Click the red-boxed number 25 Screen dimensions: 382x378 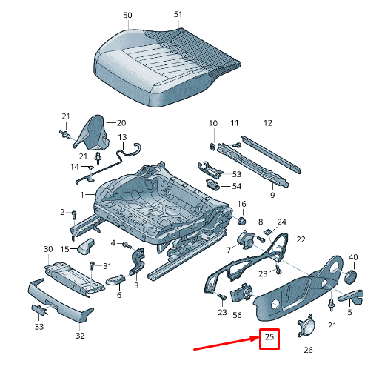click(x=269, y=337)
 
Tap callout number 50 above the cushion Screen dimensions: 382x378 click(x=127, y=15)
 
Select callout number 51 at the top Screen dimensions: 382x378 click(x=178, y=14)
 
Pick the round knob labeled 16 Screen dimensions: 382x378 click(x=242, y=221)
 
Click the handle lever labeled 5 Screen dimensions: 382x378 click(x=351, y=296)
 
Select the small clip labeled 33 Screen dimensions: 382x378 click(x=39, y=310)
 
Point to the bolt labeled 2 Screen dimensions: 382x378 click(x=74, y=214)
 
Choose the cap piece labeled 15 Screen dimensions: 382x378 click(x=86, y=246)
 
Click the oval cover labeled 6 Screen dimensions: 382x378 click(x=115, y=279)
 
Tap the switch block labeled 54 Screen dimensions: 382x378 click(x=212, y=184)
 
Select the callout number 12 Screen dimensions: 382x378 click(x=268, y=123)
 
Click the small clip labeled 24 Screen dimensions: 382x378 click(x=267, y=232)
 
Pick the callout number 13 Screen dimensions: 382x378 click(x=122, y=137)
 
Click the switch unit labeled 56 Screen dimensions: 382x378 click(x=241, y=294)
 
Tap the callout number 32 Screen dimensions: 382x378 click(x=80, y=336)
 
